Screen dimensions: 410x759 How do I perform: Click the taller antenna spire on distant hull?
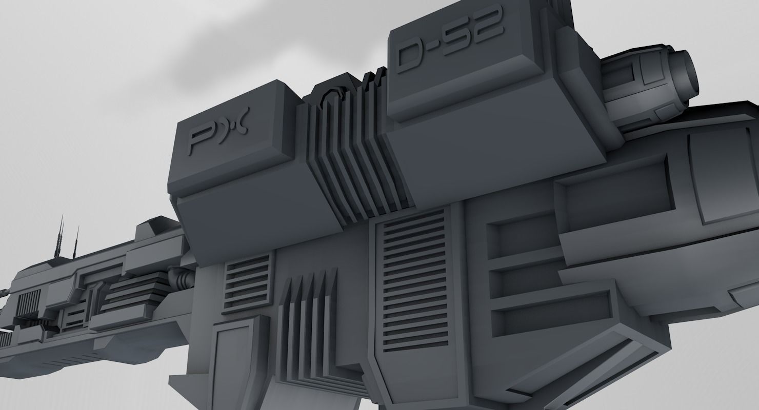(61, 238)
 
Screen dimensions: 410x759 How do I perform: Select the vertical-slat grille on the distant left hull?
(29, 303)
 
